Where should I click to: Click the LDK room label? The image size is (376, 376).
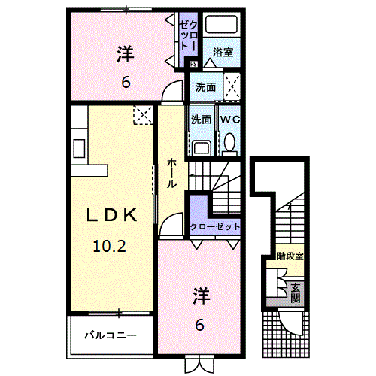click(x=111, y=215)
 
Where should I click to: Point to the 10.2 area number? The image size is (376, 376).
click(x=111, y=245)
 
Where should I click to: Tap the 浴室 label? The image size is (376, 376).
click(x=222, y=52)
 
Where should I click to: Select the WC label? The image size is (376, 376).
click(x=229, y=119)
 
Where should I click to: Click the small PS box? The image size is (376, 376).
click(x=193, y=64)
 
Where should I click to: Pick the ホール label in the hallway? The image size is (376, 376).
click(x=172, y=174)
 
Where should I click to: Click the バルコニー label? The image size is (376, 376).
click(x=111, y=335)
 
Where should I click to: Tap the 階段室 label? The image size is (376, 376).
click(x=290, y=256)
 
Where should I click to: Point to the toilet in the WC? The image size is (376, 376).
click(x=229, y=142)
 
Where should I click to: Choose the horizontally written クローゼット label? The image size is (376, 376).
click(x=215, y=227)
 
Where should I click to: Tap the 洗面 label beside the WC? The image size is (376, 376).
click(x=201, y=119)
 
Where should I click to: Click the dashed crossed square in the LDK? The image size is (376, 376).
click(x=142, y=114)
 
